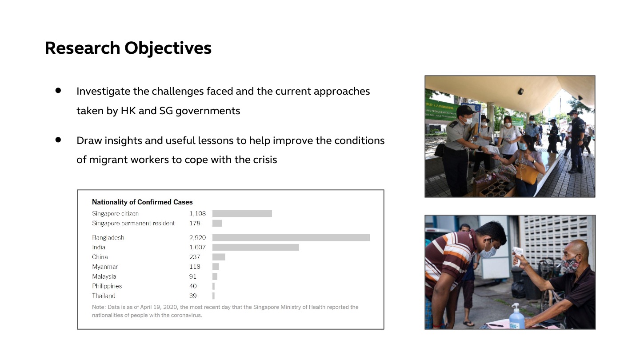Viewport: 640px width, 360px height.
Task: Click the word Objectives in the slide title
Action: tap(168, 48)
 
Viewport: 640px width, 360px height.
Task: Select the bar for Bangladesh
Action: tap(291, 237)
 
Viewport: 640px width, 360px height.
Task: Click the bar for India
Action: tap(256, 247)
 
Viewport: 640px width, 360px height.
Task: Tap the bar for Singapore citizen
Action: tap(242, 213)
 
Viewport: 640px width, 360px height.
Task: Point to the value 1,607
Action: tap(197, 247)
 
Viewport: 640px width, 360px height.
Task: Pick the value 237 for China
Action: tap(195, 257)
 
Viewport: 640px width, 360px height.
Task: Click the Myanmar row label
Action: tap(105, 267)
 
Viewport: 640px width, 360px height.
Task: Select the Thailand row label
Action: tap(104, 296)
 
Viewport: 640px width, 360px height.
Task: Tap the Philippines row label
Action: tap(107, 286)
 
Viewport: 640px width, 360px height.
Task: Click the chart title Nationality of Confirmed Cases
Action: tap(142, 202)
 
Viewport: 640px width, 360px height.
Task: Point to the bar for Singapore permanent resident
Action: tap(217, 223)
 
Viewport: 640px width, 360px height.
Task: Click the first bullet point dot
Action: tap(58, 91)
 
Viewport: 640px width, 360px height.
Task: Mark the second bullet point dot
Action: tap(58, 140)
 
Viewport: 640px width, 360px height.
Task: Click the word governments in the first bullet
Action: tap(208, 111)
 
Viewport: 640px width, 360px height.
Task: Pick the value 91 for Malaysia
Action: tap(192, 276)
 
